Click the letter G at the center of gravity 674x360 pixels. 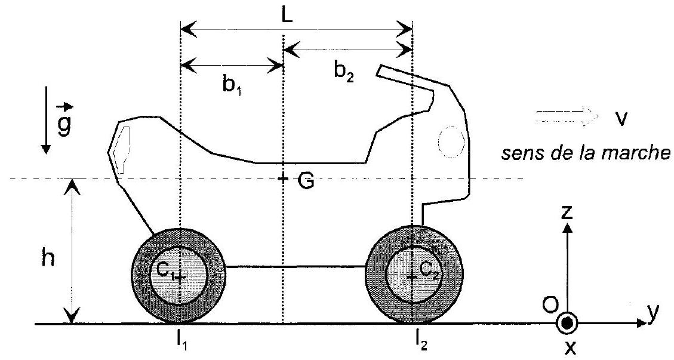(306, 181)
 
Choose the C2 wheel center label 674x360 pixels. (429, 270)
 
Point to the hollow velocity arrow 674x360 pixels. (567, 116)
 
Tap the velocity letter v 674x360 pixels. (620, 119)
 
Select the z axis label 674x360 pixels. (567, 212)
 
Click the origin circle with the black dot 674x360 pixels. (567, 324)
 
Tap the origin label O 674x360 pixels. (550, 305)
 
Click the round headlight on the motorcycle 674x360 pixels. (451, 141)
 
